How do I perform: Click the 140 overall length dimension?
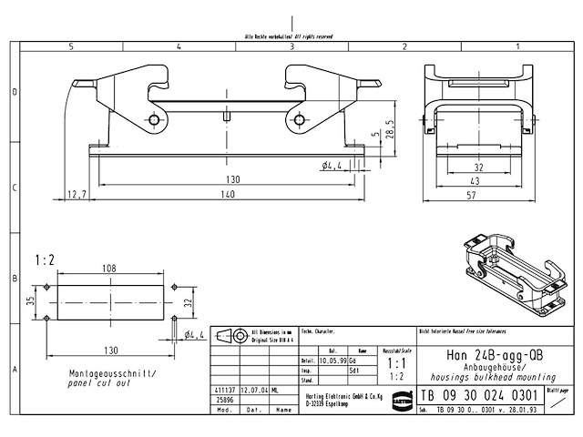coord(227,195)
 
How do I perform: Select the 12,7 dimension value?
coord(77,195)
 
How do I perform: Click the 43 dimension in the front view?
coord(478,181)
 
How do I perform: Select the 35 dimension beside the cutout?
coord(29,300)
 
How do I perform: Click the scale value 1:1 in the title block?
coord(397,361)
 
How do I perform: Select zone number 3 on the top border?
coord(291,45)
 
